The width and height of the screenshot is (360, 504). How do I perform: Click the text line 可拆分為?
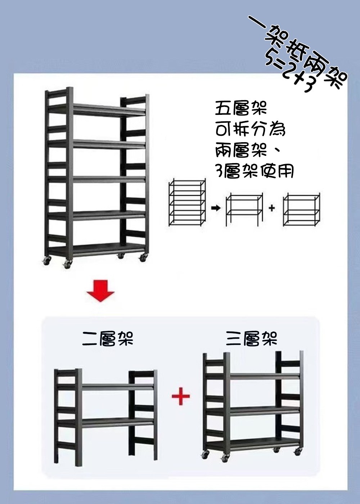coord(250,130)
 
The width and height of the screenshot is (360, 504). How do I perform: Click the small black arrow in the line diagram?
coord(216,208)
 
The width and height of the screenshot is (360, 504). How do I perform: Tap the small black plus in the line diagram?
coord(272,208)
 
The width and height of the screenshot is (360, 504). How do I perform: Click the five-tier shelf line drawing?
coord(187,202)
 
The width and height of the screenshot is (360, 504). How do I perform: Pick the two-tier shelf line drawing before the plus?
coord(244,209)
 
